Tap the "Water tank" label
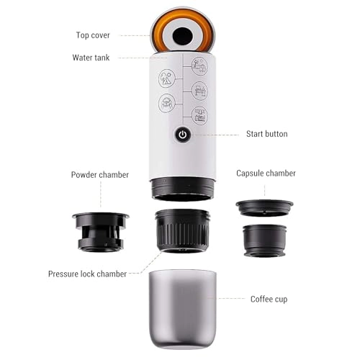point(91,57)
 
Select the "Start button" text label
point(266,134)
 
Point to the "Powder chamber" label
point(100,174)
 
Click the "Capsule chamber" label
point(266,174)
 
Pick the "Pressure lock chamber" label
point(87,274)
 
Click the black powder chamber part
point(101,230)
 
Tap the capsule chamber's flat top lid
point(264,207)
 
